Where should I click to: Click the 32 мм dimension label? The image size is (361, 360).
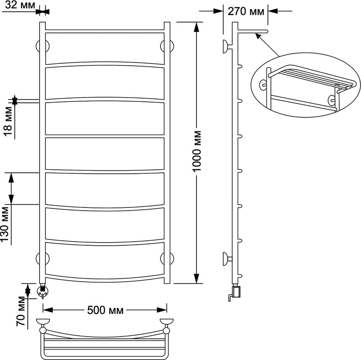point(20,4)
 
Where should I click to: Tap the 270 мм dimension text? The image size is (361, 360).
point(246,11)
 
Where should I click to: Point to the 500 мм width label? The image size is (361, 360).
point(105,310)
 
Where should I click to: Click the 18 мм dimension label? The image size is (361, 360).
point(9,121)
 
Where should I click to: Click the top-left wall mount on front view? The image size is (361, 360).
point(43,46)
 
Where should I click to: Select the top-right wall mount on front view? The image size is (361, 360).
point(167,46)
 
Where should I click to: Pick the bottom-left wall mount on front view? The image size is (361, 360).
point(43,258)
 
